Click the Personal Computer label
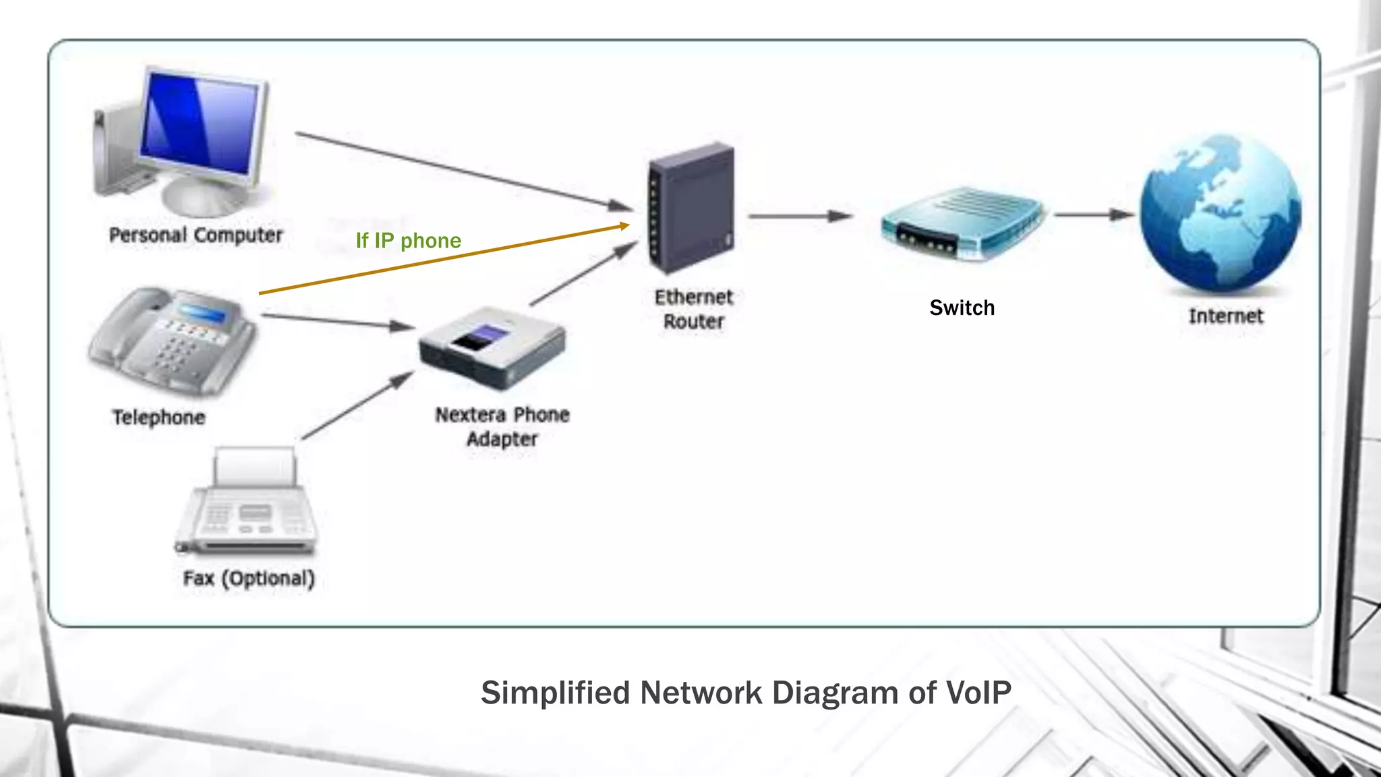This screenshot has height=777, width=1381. point(196,235)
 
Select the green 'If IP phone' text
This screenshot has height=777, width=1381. point(408,241)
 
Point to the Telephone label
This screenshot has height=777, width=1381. point(158,418)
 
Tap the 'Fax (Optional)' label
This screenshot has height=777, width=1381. point(249,579)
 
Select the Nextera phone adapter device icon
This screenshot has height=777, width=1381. point(492,347)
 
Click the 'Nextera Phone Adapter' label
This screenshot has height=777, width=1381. point(502,426)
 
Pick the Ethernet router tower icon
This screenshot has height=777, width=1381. point(691,208)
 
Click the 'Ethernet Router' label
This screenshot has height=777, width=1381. point(693,309)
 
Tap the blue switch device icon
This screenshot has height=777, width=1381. point(963,223)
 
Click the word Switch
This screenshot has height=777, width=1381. point(962,308)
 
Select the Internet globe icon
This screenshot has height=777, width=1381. point(1221,212)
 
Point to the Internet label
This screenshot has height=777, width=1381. point(1225,316)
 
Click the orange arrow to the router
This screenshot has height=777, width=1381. point(445,260)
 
